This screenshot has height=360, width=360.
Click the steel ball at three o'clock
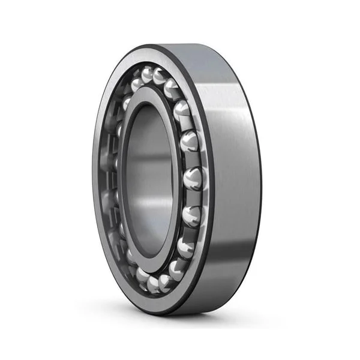tap(194, 178)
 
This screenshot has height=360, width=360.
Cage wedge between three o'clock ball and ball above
tap(193, 160)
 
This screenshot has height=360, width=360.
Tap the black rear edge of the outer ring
tap(259, 180)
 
